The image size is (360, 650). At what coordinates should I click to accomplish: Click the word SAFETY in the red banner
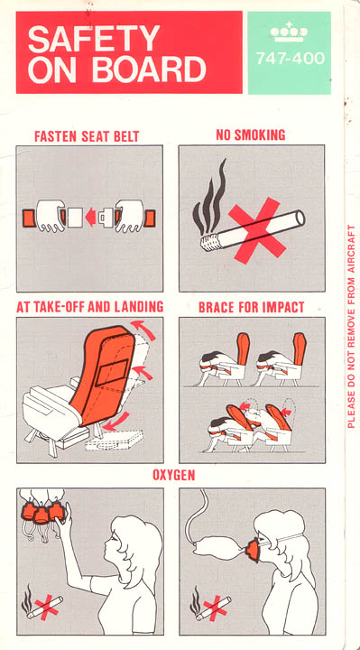coord(94,39)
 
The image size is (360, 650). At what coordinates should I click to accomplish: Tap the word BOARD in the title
coord(149,69)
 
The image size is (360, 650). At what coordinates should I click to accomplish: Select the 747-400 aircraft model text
coord(290,58)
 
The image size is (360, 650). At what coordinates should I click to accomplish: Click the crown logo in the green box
coord(289,32)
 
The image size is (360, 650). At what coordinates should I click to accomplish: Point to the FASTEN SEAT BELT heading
coord(87,136)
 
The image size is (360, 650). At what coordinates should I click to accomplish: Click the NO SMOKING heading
coord(251,135)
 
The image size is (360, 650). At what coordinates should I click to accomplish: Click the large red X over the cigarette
coord(257,230)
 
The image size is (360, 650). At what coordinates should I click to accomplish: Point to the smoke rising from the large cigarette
coord(210,199)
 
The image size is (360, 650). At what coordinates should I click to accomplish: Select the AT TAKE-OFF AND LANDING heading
coord(89,307)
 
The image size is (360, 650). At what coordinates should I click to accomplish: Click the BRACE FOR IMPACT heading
coord(252,307)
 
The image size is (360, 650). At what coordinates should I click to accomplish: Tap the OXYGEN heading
coord(173,475)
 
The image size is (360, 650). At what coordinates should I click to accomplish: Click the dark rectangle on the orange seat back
coord(112,372)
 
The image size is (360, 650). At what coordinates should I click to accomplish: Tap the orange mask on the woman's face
coord(254,549)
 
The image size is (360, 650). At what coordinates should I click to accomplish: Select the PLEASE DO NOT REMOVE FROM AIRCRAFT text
coord(351,326)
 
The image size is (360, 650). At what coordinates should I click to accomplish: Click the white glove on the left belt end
coord(51,216)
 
